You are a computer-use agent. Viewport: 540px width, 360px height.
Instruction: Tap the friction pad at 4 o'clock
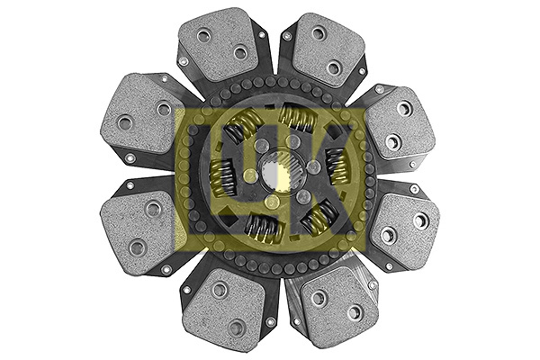pyautogui.click(x=405, y=227)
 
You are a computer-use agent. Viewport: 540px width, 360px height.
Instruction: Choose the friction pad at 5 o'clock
pyautogui.click(x=336, y=307)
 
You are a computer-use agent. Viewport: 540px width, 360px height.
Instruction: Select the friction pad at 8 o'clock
pyautogui.click(x=138, y=231)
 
